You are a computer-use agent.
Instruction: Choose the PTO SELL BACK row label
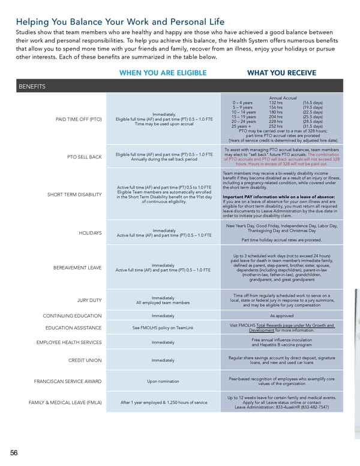(83, 158)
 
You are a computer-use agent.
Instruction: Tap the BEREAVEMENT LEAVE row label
(77, 267)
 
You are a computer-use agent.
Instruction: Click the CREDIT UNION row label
(85, 360)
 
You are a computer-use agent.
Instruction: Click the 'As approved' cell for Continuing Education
(281, 315)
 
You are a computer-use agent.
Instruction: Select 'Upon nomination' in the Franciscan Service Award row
(163, 381)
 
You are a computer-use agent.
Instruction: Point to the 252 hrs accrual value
(275, 127)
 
